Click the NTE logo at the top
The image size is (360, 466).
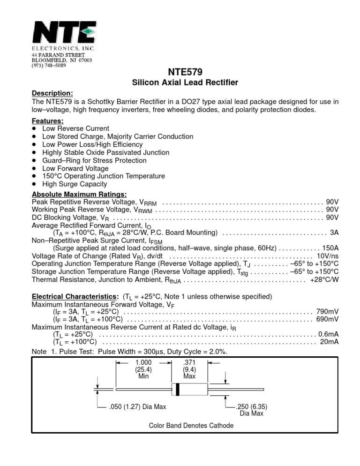[x=64, y=34]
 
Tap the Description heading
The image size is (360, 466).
[x=52, y=93]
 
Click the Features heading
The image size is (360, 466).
[x=47, y=120]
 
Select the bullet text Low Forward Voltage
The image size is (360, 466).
[x=75, y=168]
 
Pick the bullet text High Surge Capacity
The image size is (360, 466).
[x=75, y=184]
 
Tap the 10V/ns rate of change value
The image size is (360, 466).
[x=327, y=256]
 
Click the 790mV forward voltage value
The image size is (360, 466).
[x=327, y=311]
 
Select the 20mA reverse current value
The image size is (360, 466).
[x=329, y=342]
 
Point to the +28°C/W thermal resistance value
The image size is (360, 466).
[x=324, y=279]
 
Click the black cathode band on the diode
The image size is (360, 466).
[x=178, y=389]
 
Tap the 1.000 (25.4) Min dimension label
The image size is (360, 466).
[x=143, y=369]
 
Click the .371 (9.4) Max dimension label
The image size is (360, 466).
[x=189, y=369]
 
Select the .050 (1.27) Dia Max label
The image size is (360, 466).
[x=137, y=406]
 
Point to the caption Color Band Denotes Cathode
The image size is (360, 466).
[x=191, y=426]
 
